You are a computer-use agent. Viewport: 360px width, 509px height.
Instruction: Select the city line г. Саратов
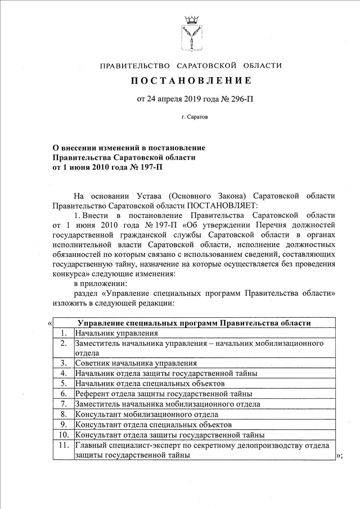click(191, 119)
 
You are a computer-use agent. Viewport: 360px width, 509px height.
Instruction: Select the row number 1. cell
click(64, 333)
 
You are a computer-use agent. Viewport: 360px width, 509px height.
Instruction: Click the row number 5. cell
click(64, 384)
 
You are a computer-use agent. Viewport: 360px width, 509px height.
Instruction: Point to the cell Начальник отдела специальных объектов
click(150, 384)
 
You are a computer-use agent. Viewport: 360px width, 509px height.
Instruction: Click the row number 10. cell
click(64, 435)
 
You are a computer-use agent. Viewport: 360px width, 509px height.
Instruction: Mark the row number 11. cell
click(64, 445)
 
